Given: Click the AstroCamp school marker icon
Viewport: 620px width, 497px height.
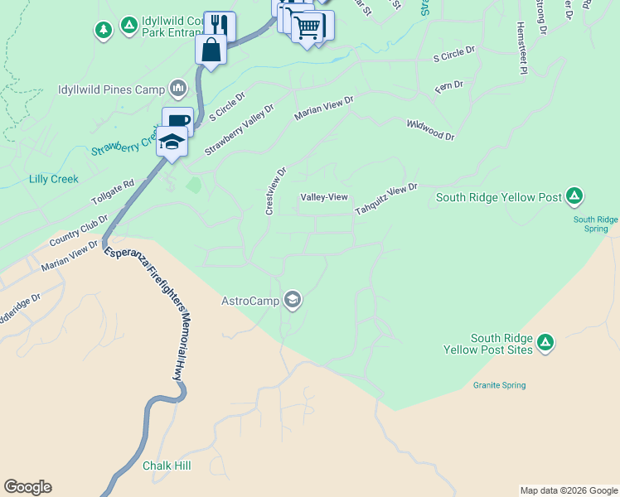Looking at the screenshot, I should pyautogui.click(x=292, y=300).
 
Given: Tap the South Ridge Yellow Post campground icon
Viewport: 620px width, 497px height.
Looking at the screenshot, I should pyautogui.click(x=574, y=197).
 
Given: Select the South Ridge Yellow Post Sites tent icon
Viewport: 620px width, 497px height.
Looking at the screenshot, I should pyautogui.click(x=545, y=343).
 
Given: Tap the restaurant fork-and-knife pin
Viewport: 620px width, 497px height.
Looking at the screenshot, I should pyautogui.click(x=219, y=25).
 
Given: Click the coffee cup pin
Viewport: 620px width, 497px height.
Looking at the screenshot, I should pyautogui.click(x=177, y=121).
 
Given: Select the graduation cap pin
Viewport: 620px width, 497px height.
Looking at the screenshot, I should pyautogui.click(x=172, y=143).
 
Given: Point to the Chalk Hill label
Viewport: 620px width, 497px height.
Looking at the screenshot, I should pyautogui.click(x=167, y=466).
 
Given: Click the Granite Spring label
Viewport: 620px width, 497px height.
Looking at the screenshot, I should pyautogui.click(x=499, y=385).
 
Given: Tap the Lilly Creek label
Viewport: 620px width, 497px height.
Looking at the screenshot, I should pyautogui.click(x=53, y=179).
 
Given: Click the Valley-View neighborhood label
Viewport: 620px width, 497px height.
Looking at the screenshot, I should pyautogui.click(x=323, y=197).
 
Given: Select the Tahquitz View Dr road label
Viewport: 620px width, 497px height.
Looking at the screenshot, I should pyautogui.click(x=386, y=200).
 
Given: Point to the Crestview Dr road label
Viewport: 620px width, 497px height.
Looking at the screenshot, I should pyautogui.click(x=275, y=191).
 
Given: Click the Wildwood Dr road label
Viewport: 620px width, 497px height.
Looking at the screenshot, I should pyautogui.click(x=430, y=129).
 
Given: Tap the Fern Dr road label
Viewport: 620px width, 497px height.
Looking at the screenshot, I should pyautogui.click(x=448, y=87).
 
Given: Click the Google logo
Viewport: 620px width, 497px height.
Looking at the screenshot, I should pyautogui.click(x=27, y=487).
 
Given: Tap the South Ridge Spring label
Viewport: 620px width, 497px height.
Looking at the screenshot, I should pyautogui.click(x=595, y=224).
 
